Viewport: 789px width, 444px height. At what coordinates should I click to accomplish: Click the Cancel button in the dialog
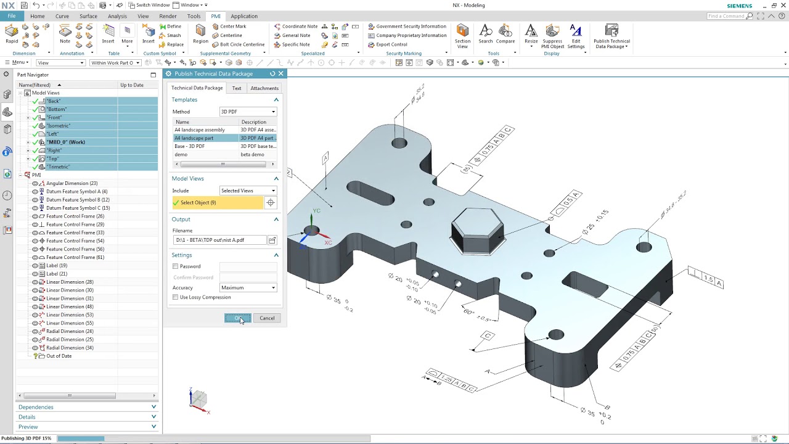pyautogui.click(x=267, y=318)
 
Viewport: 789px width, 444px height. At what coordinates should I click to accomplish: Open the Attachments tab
pyautogui.click(x=264, y=88)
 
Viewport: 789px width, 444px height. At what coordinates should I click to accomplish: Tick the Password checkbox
pyautogui.click(x=176, y=266)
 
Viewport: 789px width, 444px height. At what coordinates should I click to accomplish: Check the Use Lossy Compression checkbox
pyautogui.click(x=176, y=297)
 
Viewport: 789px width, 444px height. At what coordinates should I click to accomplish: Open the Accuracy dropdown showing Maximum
pyautogui.click(x=248, y=288)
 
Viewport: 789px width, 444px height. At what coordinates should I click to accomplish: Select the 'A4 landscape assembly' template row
pyautogui.click(x=200, y=130)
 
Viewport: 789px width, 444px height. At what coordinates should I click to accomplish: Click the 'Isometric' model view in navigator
pyautogui.click(x=59, y=126)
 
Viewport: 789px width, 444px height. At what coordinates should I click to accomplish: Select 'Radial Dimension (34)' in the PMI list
pyautogui.click(x=70, y=348)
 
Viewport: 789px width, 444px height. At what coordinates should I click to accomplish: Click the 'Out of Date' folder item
pyautogui.click(x=59, y=356)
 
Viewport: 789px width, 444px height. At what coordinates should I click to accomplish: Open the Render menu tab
pyautogui.click(x=168, y=16)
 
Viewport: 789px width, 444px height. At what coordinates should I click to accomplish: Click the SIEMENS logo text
pyautogui.click(x=739, y=6)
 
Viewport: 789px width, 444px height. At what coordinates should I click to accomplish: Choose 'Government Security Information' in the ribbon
pyautogui.click(x=411, y=27)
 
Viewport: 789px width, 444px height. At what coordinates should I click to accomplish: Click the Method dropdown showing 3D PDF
pyautogui.click(x=248, y=112)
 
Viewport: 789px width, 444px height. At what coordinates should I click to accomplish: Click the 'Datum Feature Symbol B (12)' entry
pyautogui.click(x=78, y=200)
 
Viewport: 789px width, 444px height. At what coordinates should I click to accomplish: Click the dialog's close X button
pyautogui.click(x=281, y=73)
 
